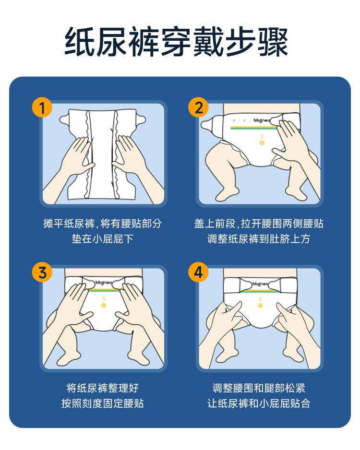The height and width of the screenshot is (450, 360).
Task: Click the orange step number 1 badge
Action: point(42,108)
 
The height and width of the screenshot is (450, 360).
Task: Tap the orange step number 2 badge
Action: point(198,108)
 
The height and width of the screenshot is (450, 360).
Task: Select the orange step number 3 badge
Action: point(42,272)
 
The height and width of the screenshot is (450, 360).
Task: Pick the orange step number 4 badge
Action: point(198,272)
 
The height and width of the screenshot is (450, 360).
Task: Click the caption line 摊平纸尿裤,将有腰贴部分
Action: point(103,224)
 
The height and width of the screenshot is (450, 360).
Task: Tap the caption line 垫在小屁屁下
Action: point(103,239)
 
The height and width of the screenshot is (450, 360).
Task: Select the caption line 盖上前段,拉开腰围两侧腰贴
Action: point(259,224)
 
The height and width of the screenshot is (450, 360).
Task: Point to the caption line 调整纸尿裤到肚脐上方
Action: point(259,239)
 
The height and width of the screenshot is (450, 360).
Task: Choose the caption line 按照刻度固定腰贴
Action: point(103,403)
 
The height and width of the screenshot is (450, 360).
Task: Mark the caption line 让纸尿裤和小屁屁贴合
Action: point(259,403)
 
